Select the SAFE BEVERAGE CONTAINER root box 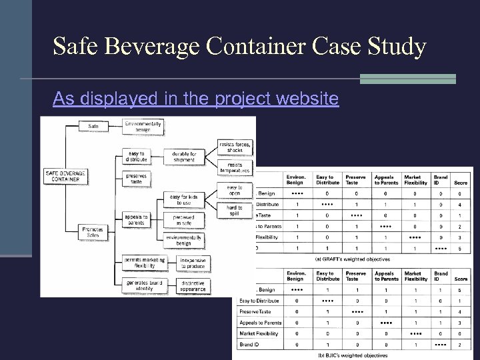pyautogui.click(x=66, y=176)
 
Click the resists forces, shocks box pyautogui.click(x=235, y=147)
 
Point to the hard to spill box pyautogui.click(x=235, y=211)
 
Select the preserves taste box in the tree pyautogui.click(x=136, y=179)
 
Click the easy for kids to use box pyautogui.click(x=183, y=199)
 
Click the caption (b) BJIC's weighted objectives pyautogui.click(x=354, y=355)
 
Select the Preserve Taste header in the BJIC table pyautogui.click(x=356, y=276)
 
